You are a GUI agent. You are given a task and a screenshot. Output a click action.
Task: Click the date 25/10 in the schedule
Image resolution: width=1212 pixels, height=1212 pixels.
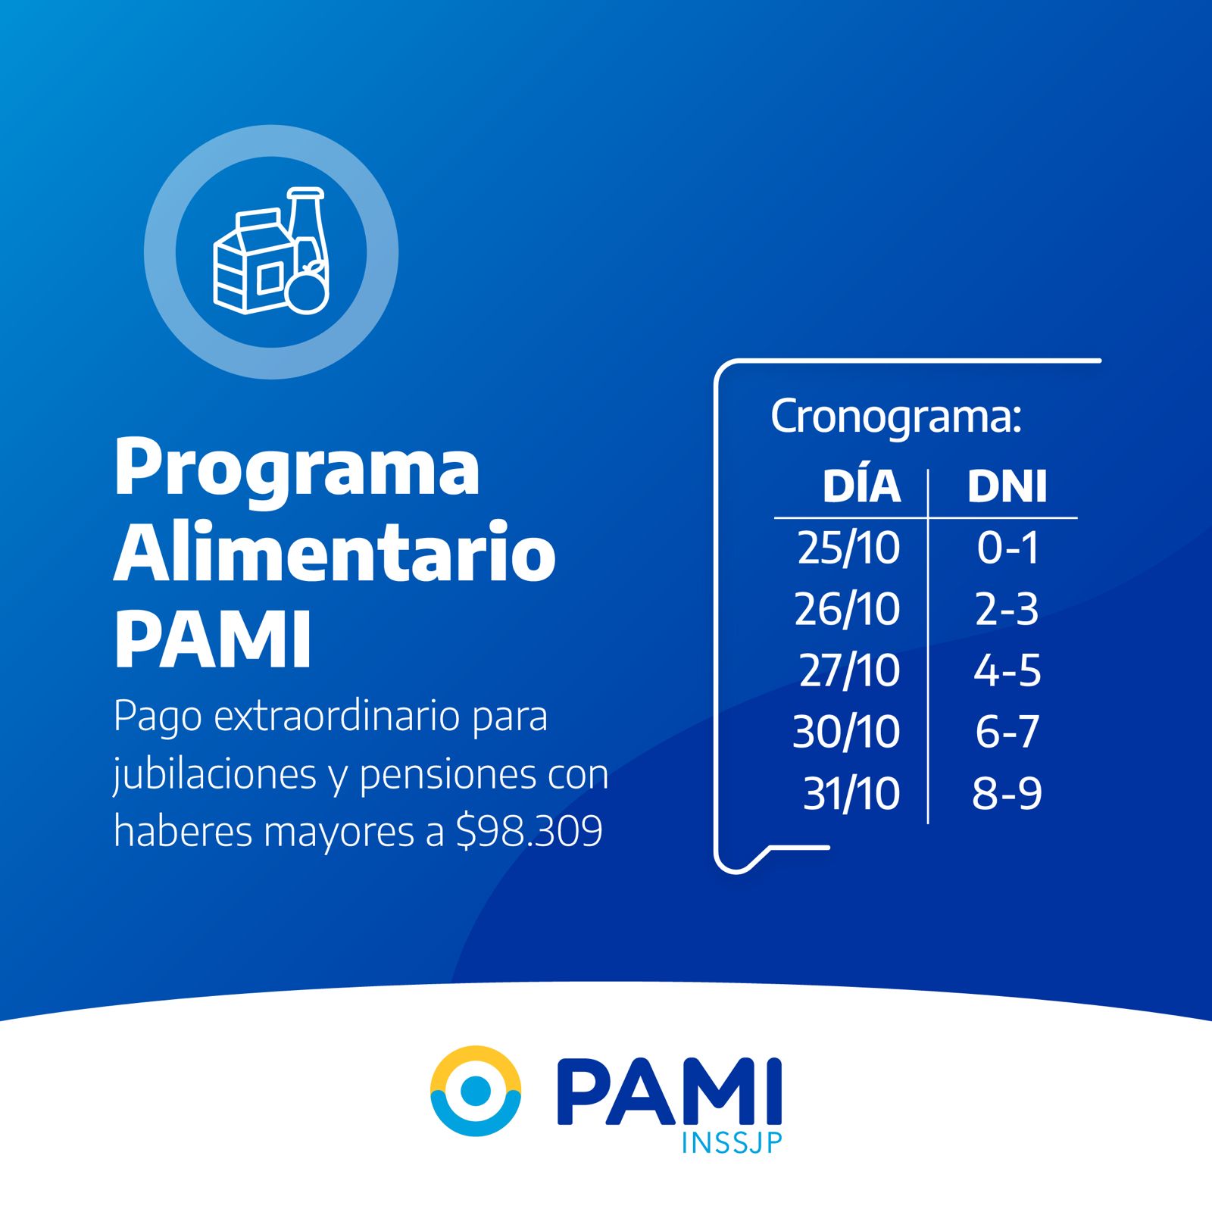point(848,548)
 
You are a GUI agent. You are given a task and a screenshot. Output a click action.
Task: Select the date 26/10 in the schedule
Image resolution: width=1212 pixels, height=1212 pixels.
point(847,609)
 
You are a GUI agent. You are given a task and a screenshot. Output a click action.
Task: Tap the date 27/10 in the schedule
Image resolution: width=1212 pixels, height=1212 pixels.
point(849,670)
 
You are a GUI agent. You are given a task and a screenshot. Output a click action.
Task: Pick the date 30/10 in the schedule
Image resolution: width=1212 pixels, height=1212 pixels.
point(846,732)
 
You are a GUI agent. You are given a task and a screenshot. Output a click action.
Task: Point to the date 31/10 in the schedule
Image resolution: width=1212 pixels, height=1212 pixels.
point(851,794)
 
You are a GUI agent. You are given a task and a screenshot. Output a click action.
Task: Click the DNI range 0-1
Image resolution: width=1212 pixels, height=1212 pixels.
point(1007,548)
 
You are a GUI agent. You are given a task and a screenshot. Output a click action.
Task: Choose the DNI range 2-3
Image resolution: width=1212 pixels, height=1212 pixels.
point(1007,609)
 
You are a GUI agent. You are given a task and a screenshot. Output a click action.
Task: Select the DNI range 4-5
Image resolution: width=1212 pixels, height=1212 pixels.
point(1007,670)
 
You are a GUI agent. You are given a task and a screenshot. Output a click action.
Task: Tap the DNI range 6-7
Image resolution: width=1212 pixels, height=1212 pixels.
point(1007,732)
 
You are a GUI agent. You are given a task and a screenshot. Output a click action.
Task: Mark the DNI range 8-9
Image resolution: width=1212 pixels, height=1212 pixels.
point(1007,794)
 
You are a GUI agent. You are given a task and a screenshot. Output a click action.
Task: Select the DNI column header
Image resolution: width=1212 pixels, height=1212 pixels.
point(1007,486)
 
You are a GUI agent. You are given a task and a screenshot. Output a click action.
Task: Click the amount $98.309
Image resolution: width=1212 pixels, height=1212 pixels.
point(529,831)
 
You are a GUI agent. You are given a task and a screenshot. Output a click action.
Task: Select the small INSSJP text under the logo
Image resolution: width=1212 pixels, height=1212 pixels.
point(731,1142)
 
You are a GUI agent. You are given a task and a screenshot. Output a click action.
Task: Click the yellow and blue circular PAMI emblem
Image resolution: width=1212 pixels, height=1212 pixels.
point(476,1091)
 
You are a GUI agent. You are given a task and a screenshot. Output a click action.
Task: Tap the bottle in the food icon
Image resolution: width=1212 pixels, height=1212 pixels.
point(308,227)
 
